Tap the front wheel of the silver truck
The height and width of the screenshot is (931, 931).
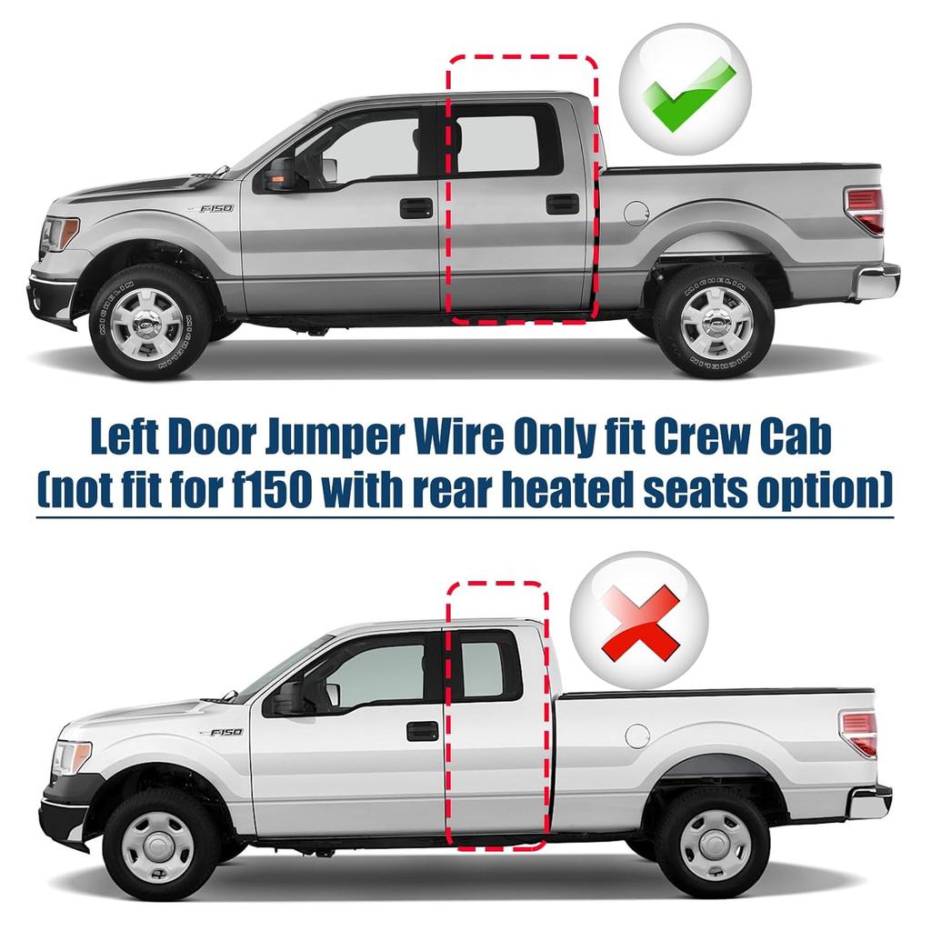[x=149, y=320]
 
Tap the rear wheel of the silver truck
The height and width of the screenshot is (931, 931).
[x=715, y=320]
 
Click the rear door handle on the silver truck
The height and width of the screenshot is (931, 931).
[x=562, y=204]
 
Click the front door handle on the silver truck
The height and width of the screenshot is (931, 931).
[x=416, y=207]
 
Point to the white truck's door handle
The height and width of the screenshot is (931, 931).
[x=422, y=730]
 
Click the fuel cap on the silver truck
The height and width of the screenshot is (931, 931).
[x=636, y=214]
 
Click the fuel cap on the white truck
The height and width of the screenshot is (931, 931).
[x=637, y=736]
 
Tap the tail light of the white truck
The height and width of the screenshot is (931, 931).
[x=859, y=733]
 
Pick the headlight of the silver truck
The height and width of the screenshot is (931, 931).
[x=60, y=234]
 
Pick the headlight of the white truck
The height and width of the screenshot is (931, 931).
[x=72, y=757]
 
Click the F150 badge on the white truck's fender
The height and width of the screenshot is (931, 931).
[x=225, y=732]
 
